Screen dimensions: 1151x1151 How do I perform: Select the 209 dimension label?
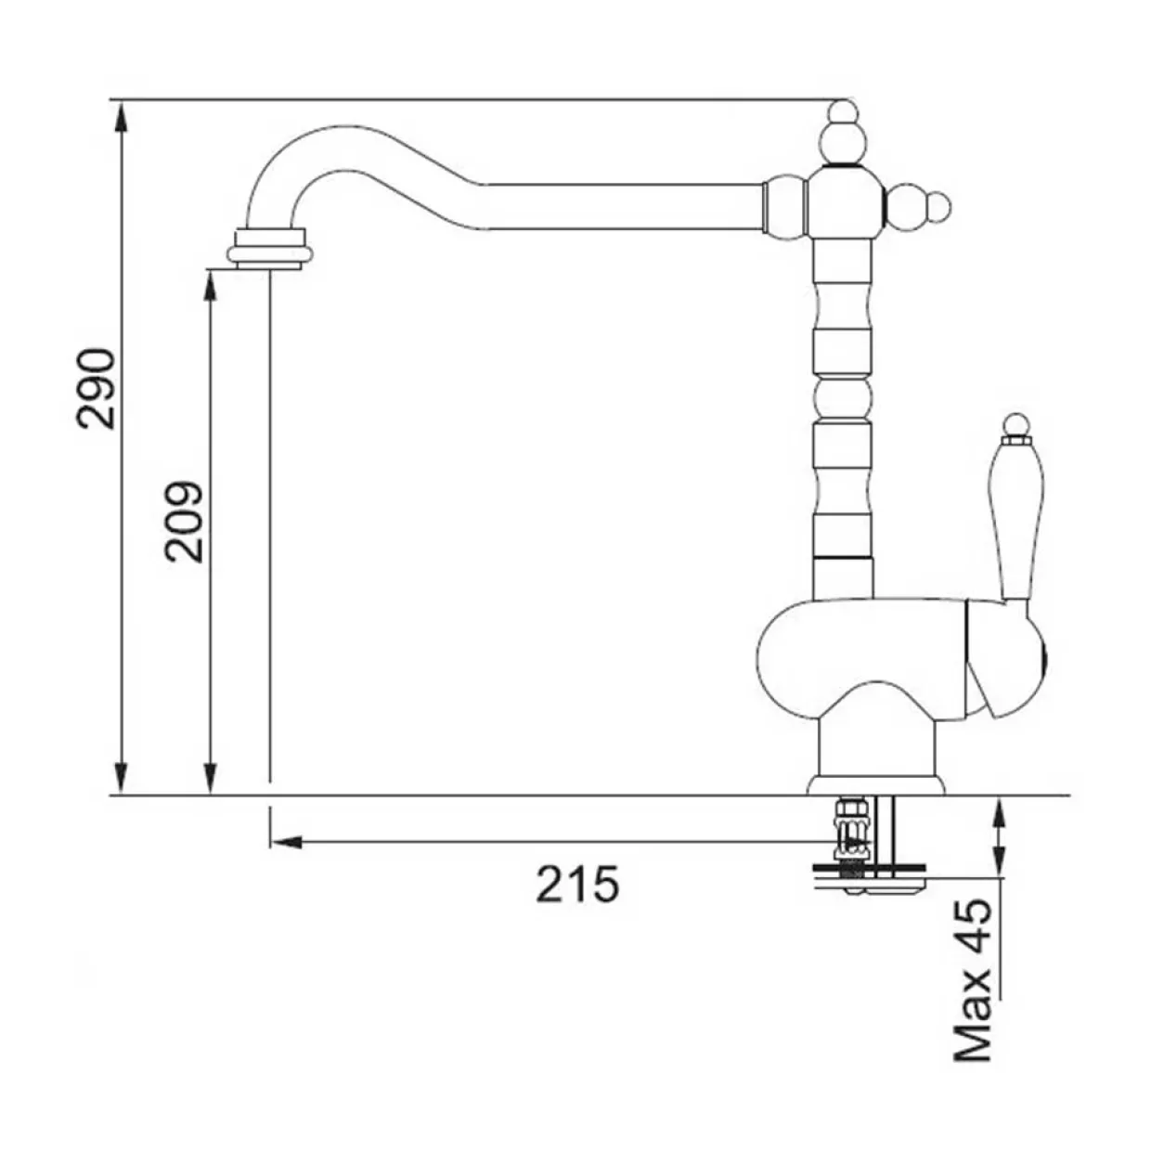click(x=184, y=522)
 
